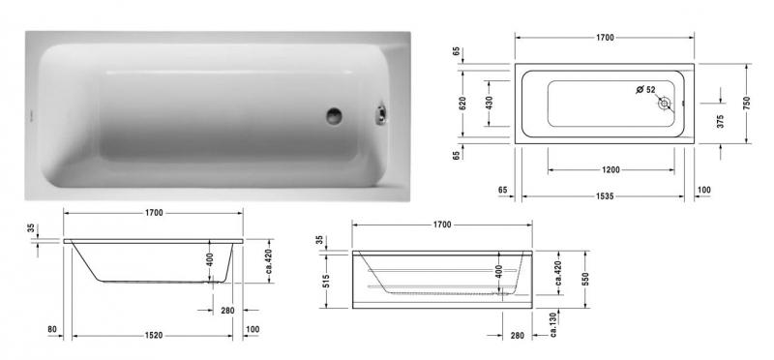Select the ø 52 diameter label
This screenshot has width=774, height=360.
click(x=645, y=90)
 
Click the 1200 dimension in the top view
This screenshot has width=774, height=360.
click(x=610, y=169)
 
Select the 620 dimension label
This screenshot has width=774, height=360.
click(x=462, y=103)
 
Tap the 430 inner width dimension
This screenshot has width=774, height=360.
click(x=489, y=103)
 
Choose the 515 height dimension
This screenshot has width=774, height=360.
click(x=328, y=279)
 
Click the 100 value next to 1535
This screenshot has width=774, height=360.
click(x=703, y=190)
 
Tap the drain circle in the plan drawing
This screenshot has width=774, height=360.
click(x=665, y=105)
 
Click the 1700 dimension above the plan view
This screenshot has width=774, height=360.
click(x=605, y=38)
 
